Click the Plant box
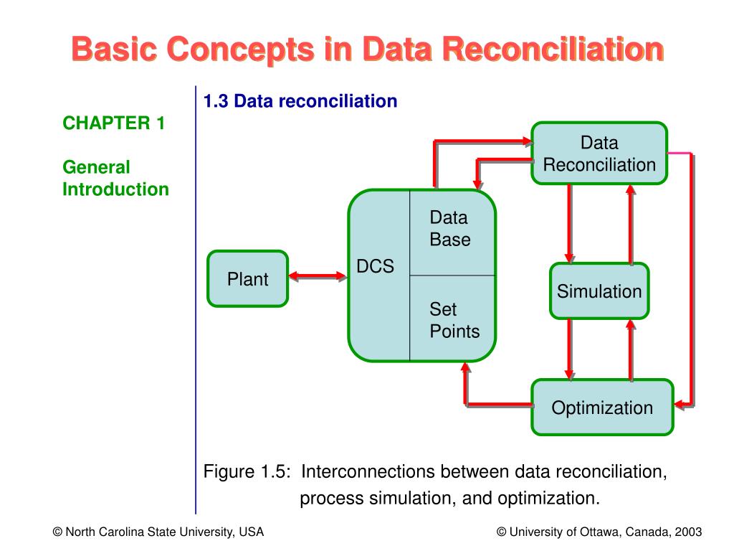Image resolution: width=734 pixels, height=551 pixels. tap(248, 279)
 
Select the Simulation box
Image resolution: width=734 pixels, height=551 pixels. tap(599, 291)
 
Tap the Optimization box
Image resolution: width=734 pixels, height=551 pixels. tap(602, 408)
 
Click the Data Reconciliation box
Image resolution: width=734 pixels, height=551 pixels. tap(599, 154)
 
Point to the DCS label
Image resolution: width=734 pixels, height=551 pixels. tap(376, 266)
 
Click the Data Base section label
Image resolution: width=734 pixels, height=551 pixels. tap(450, 229)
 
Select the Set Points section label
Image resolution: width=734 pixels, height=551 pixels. tap(454, 320)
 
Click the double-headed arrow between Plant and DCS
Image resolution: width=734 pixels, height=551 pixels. tap(318, 276)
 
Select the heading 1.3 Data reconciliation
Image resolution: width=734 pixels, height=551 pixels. tap(300, 101)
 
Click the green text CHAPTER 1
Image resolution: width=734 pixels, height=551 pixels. tap(114, 123)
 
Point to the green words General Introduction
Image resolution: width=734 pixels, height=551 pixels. tap(115, 179)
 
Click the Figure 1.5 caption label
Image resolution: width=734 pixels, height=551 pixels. tap(247, 471)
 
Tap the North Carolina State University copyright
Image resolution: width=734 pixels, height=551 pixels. tap(158, 532)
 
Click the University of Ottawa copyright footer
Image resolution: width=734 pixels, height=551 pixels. tap(599, 532)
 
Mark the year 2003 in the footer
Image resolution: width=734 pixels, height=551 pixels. tap(687, 532)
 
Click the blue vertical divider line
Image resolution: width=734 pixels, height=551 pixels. tap(196, 301)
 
